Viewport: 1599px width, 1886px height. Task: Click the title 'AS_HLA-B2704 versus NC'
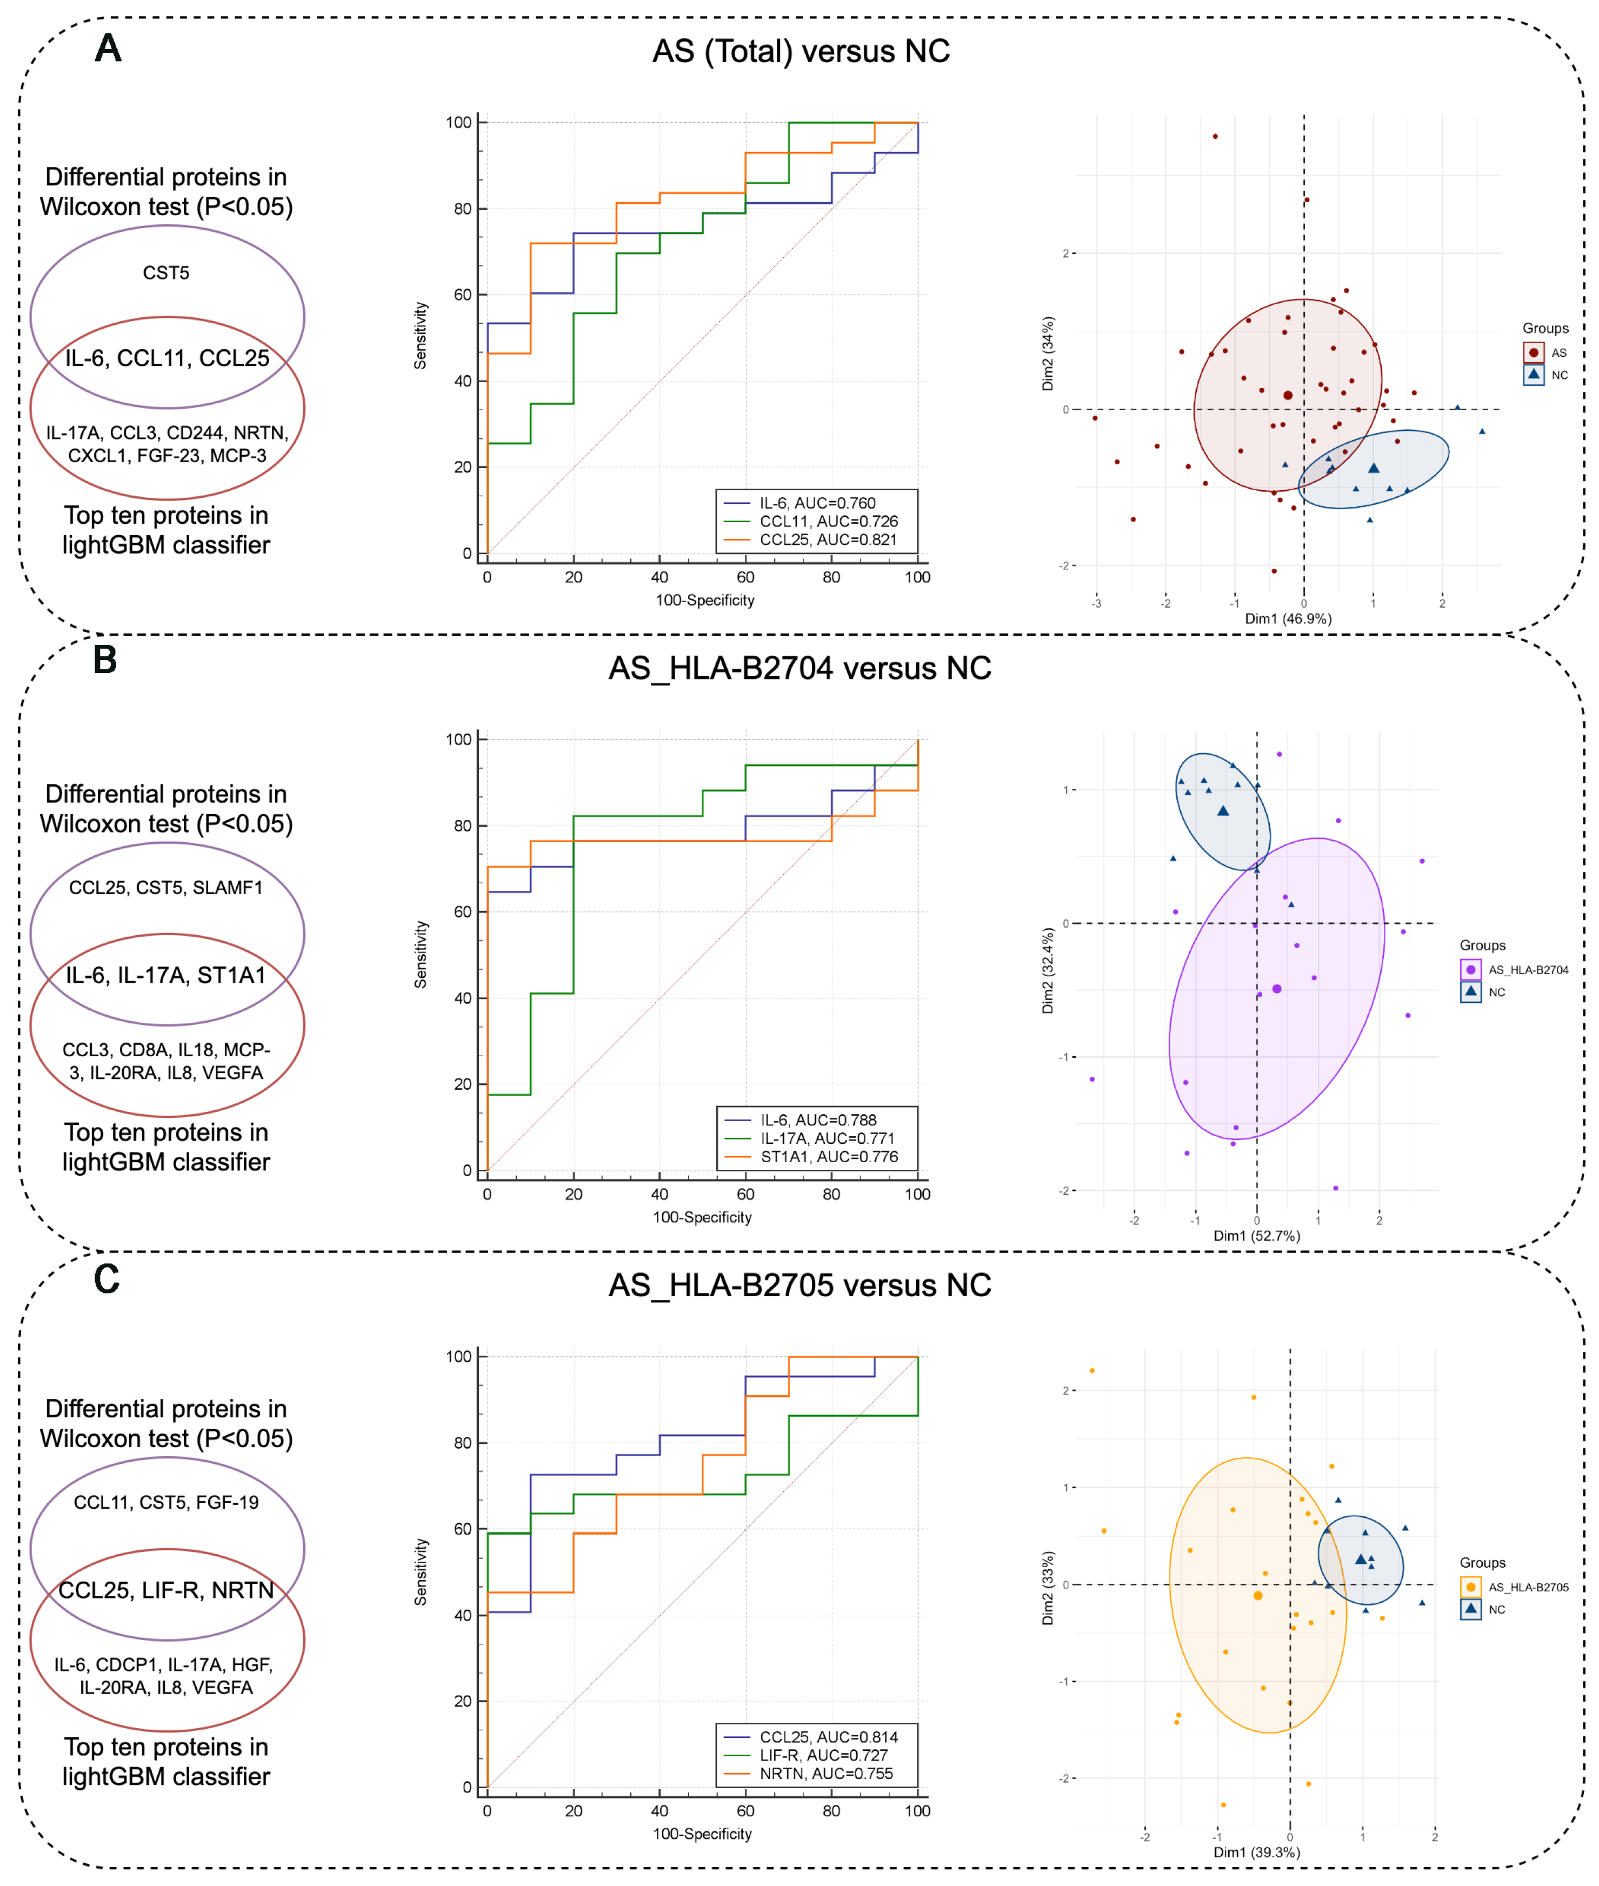click(x=800, y=668)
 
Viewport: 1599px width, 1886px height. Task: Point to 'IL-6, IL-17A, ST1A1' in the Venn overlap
click(x=166, y=975)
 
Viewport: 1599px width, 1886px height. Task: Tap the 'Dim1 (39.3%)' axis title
click(x=1256, y=1851)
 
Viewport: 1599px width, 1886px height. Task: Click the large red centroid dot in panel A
click(x=1288, y=395)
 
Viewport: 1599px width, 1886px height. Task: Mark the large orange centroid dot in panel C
click(x=1257, y=1595)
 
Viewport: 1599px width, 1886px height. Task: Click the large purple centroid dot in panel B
click(x=1277, y=989)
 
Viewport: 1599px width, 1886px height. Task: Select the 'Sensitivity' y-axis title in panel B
click(x=421, y=954)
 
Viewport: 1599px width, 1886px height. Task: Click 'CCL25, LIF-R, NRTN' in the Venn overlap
click(x=166, y=1590)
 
